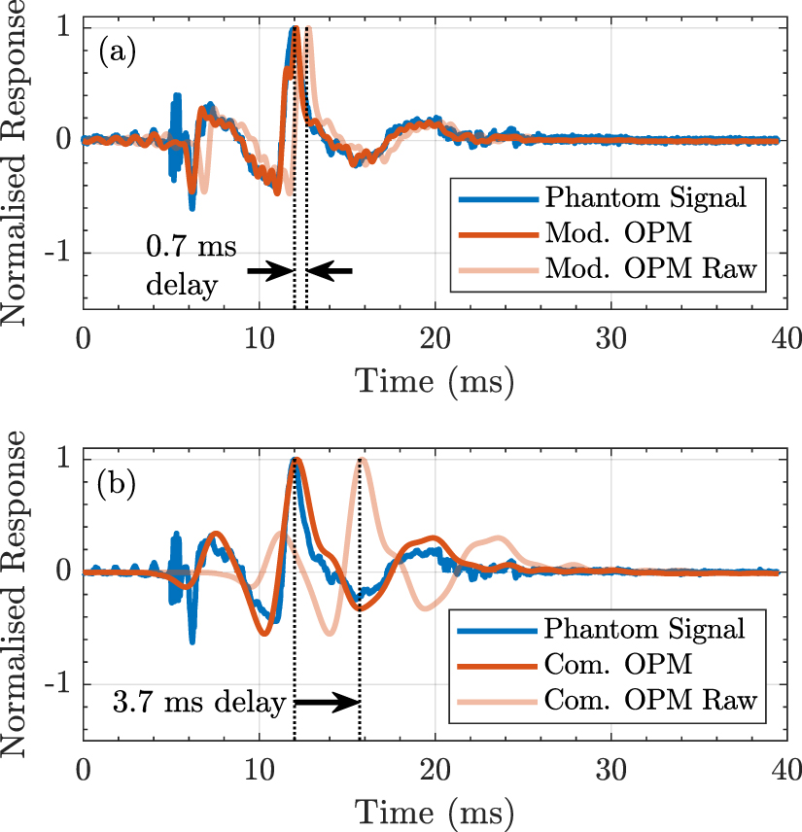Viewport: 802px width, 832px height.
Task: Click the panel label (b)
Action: click(x=118, y=484)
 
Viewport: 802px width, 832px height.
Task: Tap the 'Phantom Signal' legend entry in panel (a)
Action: click(x=645, y=199)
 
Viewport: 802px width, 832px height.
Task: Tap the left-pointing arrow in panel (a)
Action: click(x=331, y=271)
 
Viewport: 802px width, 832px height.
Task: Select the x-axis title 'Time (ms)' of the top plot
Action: click(x=434, y=380)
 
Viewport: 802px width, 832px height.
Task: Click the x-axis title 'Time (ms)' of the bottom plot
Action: click(x=434, y=811)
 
